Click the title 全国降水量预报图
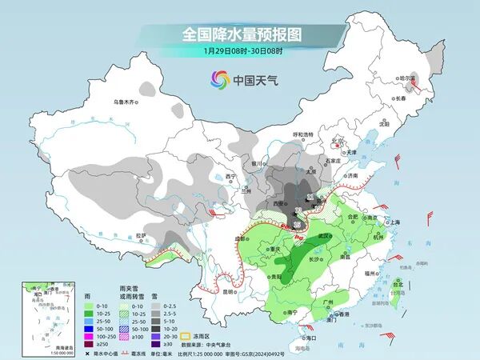240,34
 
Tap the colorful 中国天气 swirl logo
219,79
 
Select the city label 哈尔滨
409,79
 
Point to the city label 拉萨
141,235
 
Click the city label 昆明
230,290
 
